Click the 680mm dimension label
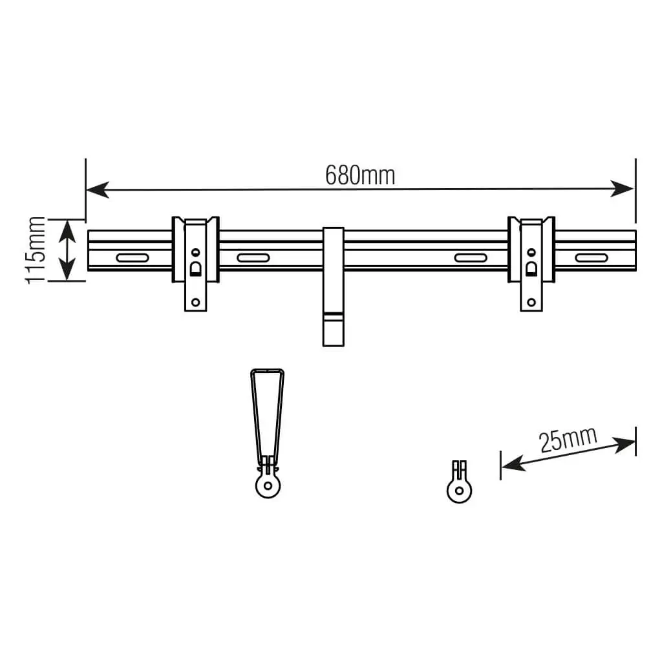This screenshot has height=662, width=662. [x=359, y=175]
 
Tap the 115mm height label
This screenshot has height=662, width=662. [x=36, y=250]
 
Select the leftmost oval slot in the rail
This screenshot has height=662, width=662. [x=132, y=258]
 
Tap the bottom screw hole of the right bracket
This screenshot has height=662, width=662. [x=531, y=301]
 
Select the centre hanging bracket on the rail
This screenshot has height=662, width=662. [x=333, y=284]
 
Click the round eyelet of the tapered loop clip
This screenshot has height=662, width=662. [x=266, y=485]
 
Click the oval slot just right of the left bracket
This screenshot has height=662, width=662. [x=253, y=258]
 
